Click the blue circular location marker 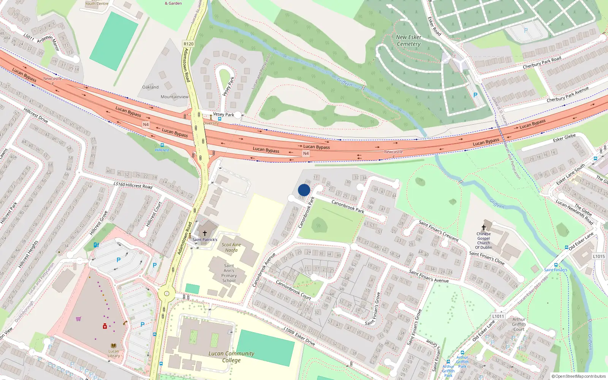click(304, 190)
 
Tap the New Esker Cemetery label click(408, 41)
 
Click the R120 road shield click(188, 44)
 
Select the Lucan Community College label click(231, 356)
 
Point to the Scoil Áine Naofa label click(231, 247)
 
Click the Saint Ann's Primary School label click(229, 273)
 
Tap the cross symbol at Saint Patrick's click(204, 233)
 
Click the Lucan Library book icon click(113, 345)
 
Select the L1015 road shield click(599, 256)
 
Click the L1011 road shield click(498, 316)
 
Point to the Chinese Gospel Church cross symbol click(483, 227)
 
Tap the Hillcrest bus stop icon click(162, 145)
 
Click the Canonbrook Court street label click(293, 290)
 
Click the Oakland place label click(150, 87)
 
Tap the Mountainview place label click(174, 97)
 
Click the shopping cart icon click(78, 319)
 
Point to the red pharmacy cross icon click(105, 326)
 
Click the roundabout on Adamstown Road click(166, 293)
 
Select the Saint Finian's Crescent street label click(439, 231)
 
